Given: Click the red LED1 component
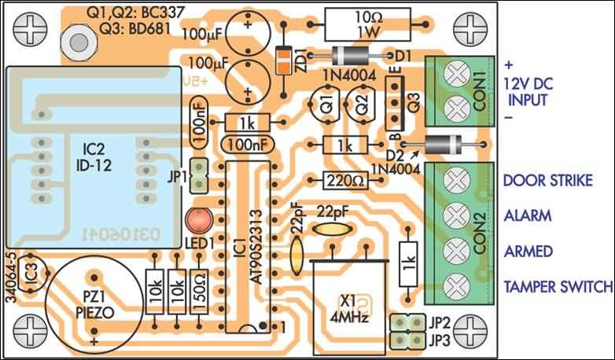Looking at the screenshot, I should pyautogui.click(x=196, y=220).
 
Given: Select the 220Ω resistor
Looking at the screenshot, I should pyautogui.click(x=344, y=180).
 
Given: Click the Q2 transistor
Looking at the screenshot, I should pyautogui.click(x=361, y=108).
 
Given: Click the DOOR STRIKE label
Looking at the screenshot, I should pyautogui.click(x=547, y=181).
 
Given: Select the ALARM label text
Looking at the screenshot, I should pyautogui.click(x=527, y=215).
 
